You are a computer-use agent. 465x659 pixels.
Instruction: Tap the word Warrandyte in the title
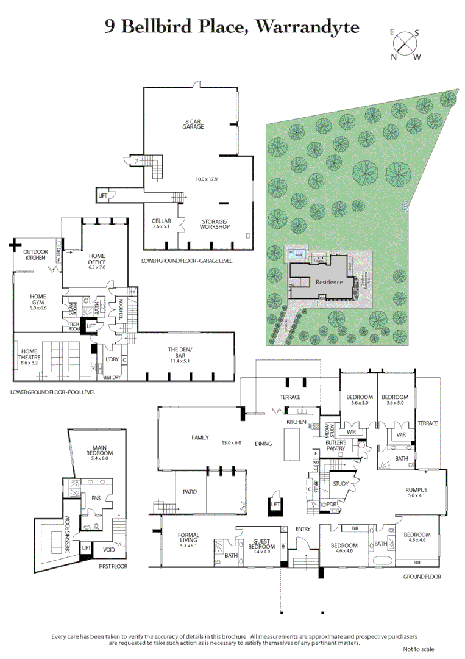tap(307, 26)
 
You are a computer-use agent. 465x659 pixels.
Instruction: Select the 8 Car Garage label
tap(194, 124)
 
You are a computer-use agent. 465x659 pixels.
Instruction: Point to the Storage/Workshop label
tap(215, 224)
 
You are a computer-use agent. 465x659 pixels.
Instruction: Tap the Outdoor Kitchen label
tap(35, 255)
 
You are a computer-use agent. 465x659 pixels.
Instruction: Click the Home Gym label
tap(39, 300)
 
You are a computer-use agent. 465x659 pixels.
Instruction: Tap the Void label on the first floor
tap(110, 549)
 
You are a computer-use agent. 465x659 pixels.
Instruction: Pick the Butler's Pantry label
tap(336, 445)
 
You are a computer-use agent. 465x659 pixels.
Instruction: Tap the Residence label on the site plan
tap(329, 283)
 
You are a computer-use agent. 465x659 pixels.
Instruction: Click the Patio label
tap(189, 491)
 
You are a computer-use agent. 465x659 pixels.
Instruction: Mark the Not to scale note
tap(418, 649)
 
